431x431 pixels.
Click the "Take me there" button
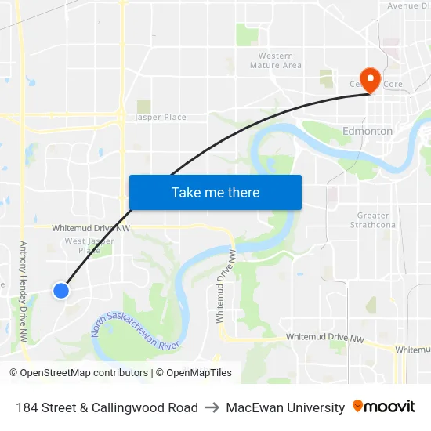215,192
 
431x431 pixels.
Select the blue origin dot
60,291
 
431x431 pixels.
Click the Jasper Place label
161,118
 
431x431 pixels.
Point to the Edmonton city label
368,131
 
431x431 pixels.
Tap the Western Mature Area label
276,60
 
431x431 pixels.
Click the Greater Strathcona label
373,220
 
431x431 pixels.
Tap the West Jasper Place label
89,246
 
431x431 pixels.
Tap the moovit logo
384,407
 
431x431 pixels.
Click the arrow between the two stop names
212,407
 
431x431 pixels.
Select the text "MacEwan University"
285,407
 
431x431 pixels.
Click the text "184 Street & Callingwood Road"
107,407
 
